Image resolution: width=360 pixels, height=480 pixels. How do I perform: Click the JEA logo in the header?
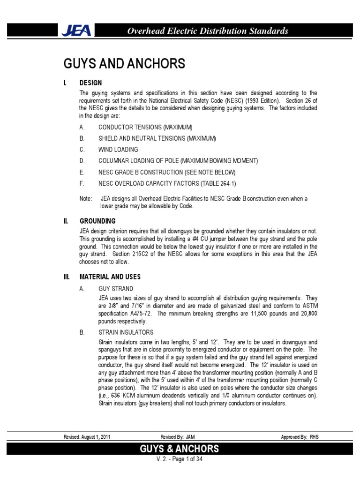[x=77, y=31]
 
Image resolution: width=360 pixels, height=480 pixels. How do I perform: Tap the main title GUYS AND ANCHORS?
[x=124, y=64]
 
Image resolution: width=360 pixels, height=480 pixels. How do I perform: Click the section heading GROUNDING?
[x=97, y=221]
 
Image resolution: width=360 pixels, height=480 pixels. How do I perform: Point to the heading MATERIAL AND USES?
[x=110, y=277]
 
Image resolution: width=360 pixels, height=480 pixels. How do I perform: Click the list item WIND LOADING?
[x=118, y=150]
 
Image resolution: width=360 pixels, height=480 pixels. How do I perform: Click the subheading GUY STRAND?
[x=116, y=289]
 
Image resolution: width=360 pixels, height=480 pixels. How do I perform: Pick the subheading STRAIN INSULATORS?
[x=126, y=332]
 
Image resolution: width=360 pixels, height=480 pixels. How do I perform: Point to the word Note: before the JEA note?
[x=86, y=199]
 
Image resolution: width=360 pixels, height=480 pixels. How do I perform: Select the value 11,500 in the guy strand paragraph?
[x=262, y=313]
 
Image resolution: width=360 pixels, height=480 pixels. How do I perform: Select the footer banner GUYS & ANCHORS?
[x=180, y=449]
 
